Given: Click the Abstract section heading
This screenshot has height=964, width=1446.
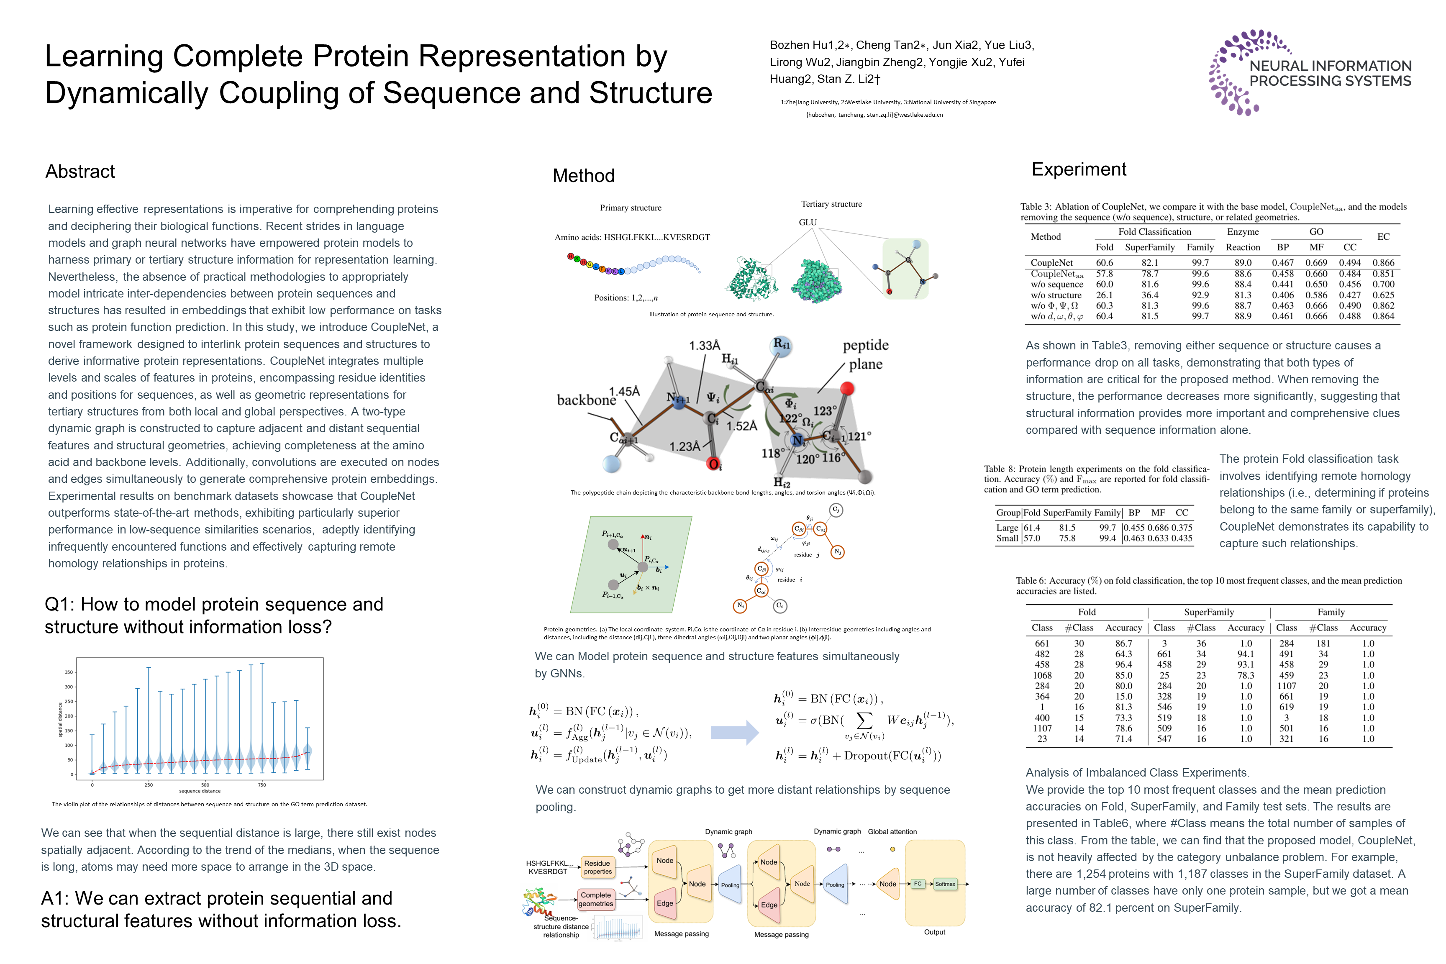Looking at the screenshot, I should (x=80, y=172).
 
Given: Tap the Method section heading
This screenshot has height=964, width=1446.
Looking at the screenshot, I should (x=583, y=176).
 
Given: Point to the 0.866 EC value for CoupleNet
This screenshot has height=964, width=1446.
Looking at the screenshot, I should (x=1383, y=262).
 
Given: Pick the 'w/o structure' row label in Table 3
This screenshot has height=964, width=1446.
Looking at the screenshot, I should (x=1056, y=295).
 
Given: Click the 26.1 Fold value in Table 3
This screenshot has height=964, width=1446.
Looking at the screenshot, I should (x=1104, y=295).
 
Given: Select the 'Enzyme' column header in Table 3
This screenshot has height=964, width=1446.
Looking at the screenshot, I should (x=1243, y=232).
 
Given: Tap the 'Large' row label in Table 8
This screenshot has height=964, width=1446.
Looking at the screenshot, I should (x=1007, y=528).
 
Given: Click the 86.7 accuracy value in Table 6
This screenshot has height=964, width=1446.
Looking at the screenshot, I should (x=1123, y=644).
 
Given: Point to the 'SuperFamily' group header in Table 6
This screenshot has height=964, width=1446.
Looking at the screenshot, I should (x=1209, y=613).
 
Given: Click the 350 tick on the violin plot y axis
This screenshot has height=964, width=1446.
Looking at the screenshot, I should (x=69, y=672).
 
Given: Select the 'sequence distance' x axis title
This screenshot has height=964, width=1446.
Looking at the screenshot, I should (x=200, y=791).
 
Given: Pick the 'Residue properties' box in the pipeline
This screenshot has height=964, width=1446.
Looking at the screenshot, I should (x=597, y=867).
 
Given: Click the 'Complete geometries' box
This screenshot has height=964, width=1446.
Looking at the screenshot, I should (x=596, y=900).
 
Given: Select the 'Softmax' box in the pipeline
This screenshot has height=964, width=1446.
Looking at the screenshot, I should (x=945, y=884).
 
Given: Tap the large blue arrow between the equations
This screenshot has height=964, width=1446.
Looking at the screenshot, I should (x=734, y=732).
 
